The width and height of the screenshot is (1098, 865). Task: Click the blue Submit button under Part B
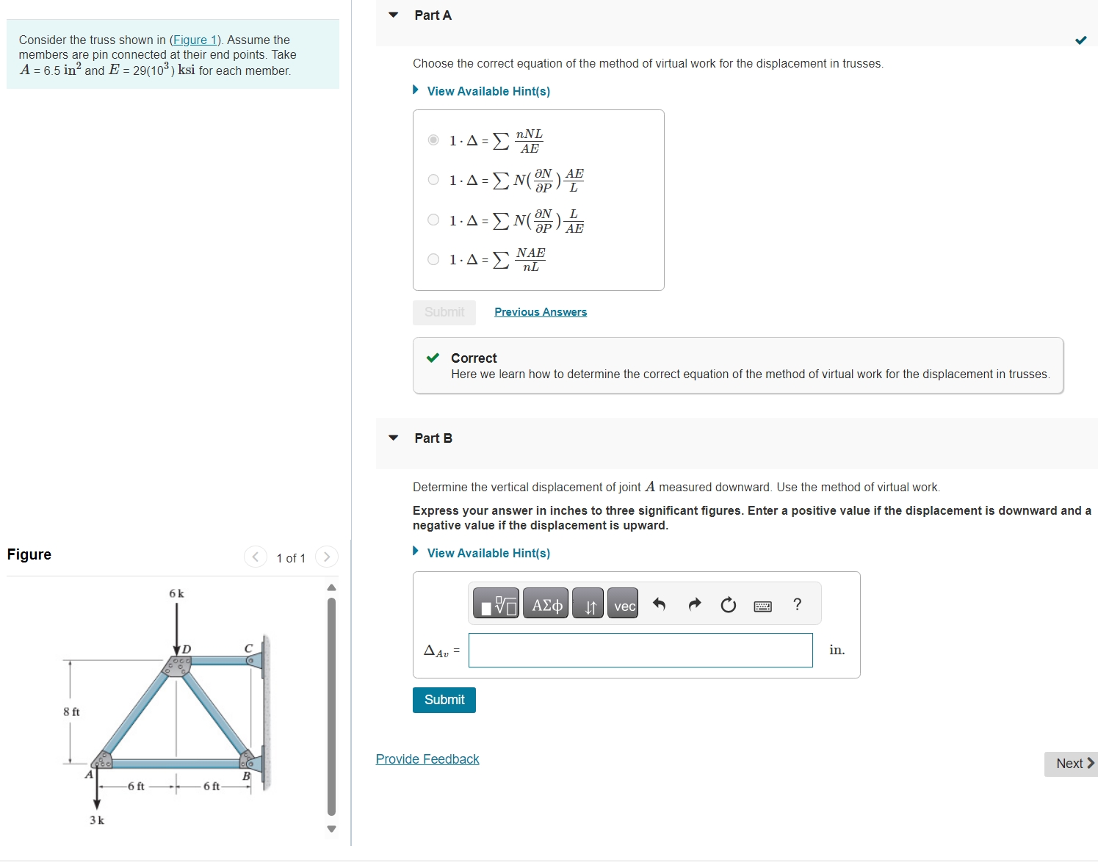pyautogui.click(x=444, y=700)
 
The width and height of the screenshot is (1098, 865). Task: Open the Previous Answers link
pyautogui.click(x=541, y=312)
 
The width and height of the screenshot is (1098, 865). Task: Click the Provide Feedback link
pyautogui.click(x=427, y=759)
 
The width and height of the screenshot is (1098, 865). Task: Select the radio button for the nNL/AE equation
pyautogui.click(x=433, y=140)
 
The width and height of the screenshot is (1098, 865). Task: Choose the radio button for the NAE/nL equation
pyautogui.click(x=433, y=259)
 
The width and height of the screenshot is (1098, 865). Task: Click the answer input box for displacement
pyautogui.click(x=640, y=650)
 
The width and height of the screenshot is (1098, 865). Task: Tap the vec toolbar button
pyautogui.click(x=624, y=605)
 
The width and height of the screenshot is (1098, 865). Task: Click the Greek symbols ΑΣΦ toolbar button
pyautogui.click(x=546, y=605)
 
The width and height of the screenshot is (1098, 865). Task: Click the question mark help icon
pyautogui.click(x=797, y=604)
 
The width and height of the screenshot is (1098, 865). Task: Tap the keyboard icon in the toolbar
pyautogui.click(x=762, y=606)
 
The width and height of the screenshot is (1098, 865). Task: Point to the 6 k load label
pyautogui.click(x=176, y=593)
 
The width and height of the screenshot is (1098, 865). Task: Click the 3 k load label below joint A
pyautogui.click(x=97, y=820)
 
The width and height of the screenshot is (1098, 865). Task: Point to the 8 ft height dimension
pyautogui.click(x=71, y=712)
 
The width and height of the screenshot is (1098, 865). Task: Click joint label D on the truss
pyautogui.click(x=187, y=648)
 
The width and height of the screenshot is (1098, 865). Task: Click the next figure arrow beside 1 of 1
pyautogui.click(x=327, y=557)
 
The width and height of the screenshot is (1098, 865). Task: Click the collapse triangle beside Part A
pyautogui.click(x=394, y=15)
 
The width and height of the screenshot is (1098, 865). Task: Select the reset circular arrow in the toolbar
pyautogui.click(x=728, y=605)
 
